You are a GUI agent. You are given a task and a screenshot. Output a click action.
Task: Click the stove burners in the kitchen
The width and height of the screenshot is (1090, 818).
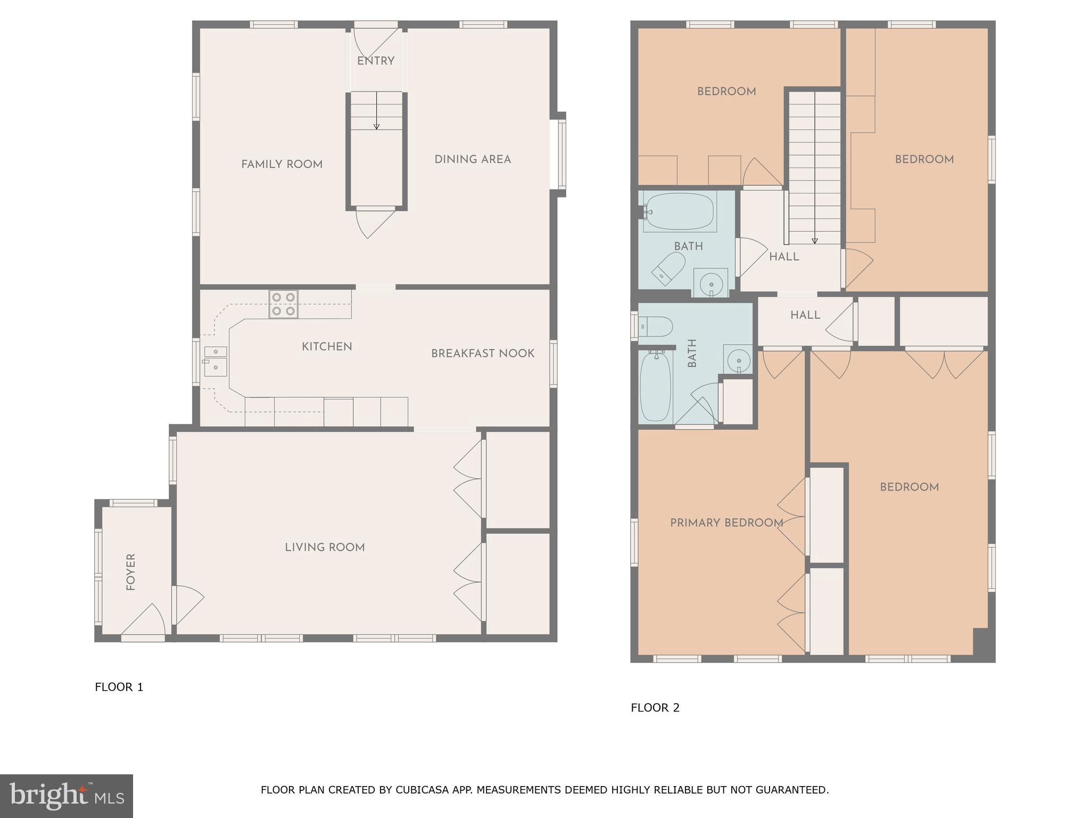coord(283,304)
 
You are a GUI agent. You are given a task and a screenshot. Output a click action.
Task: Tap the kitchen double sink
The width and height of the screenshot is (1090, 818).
coord(216,362)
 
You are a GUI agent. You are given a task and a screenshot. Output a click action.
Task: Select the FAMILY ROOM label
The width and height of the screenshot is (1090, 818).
coord(282,165)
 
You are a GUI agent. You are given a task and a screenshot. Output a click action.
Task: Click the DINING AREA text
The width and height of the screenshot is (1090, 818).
coord(473,159)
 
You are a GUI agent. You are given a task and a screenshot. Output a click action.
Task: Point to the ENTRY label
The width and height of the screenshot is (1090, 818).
coord(376,61)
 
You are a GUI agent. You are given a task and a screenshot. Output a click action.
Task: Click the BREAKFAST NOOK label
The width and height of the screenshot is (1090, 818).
coord(482,354)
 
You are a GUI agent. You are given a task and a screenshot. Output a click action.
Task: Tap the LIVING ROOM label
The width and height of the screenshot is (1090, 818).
coord(325,547)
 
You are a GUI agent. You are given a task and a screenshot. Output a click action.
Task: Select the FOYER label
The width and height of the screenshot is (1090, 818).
coord(131,572)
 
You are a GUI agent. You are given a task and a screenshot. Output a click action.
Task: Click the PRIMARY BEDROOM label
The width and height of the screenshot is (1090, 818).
coord(726,523)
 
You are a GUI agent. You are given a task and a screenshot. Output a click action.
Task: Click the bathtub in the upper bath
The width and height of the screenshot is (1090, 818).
coord(679,211)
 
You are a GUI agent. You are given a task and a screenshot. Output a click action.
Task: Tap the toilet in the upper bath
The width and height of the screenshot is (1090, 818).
coord(670,267)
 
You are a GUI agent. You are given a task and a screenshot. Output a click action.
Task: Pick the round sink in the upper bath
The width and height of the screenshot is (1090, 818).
coord(711,283)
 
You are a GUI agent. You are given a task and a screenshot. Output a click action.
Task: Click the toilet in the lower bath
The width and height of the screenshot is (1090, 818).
coord(656,326)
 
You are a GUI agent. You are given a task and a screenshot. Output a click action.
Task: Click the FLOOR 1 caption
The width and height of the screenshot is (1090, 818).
coord(119,687)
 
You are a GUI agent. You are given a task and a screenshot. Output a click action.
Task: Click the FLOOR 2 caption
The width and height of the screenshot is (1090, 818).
coord(655,708)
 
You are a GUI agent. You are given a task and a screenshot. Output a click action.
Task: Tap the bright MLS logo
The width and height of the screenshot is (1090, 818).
coord(67,796)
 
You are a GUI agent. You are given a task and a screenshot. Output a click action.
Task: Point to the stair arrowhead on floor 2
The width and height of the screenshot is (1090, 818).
coord(814,241)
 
